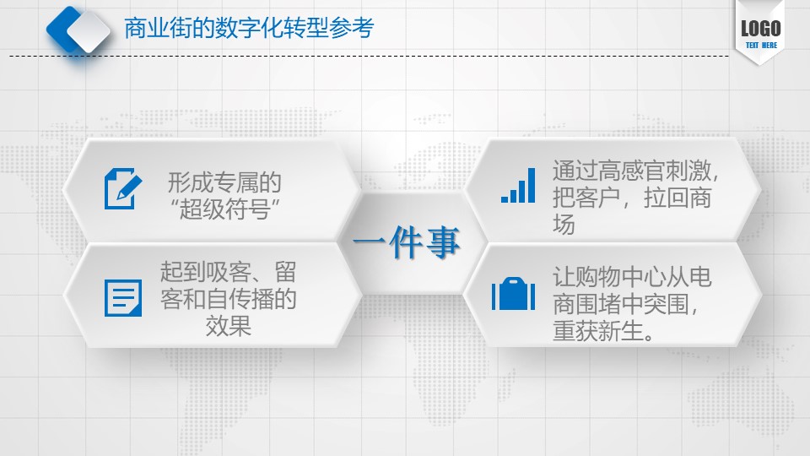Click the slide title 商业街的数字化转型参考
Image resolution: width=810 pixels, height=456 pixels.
coord(249,28)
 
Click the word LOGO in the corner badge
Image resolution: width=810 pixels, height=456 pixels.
coord(761,29)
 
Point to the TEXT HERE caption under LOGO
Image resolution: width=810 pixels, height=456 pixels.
coord(761,46)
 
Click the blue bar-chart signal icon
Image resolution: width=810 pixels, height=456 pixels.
coord(518,185)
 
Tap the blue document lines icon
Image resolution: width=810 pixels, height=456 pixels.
coord(123,298)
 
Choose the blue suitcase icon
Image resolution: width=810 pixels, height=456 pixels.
coord(513,294)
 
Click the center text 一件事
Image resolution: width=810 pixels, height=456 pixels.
coord(406,242)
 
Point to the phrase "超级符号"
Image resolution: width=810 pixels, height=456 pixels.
coord(224,209)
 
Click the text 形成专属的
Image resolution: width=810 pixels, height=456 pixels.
coord(224,182)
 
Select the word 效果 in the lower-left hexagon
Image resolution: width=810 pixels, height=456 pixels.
coord(228,326)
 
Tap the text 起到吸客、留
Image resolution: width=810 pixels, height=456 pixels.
coord(228,272)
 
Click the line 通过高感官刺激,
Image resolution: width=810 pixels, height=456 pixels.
coord(635,171)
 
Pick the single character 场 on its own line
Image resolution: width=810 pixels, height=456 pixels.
coord(564,225)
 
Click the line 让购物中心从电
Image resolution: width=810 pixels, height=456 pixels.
coord(632,277)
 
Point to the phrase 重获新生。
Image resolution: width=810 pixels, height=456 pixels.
coord(603,330)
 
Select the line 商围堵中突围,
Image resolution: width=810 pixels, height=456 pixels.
coord(625,303)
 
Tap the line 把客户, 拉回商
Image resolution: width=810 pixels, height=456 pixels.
coord(632,198)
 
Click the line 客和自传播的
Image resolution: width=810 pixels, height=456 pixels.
coord(228,299)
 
